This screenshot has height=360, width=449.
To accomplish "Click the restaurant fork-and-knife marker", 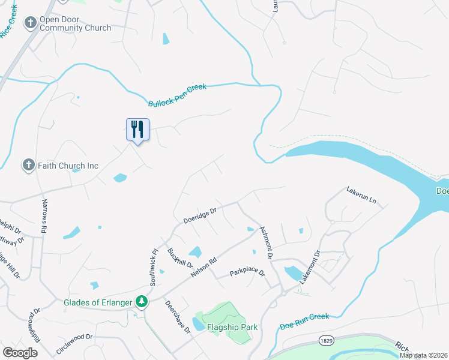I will (137, 130).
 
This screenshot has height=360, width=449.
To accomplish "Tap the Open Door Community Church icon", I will (30, 23).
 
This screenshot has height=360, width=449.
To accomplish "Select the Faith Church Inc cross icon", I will (28, 165).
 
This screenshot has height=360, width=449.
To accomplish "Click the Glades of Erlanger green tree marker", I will (142, 301).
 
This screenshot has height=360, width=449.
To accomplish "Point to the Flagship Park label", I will (232, 327).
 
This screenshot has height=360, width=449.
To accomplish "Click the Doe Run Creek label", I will (305, 322).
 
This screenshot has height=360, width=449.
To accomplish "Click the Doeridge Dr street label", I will (199, 214).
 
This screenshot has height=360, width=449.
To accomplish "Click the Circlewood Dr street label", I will (74, 343).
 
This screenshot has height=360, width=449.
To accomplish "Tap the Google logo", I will (20, 352).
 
